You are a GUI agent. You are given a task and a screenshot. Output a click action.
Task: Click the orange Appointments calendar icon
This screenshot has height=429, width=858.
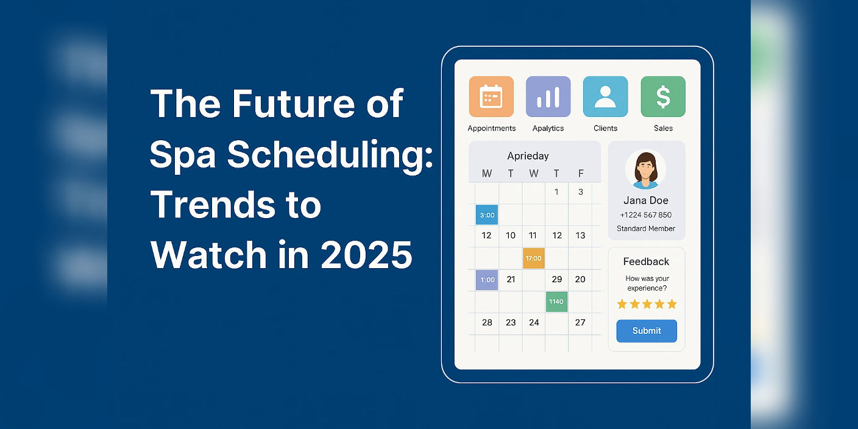[x=491, y=96]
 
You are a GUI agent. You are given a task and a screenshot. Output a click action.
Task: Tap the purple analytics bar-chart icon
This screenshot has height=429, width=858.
[x=548, y=96]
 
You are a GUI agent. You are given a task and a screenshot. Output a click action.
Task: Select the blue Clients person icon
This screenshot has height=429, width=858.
[x=605, y=96]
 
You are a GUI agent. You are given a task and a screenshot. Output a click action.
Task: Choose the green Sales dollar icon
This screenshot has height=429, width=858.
[x=663, y=96]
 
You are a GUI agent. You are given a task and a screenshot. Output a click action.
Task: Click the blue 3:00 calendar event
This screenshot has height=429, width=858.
[x=487, y=215]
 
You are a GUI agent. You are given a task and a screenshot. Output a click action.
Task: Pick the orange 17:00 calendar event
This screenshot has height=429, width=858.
[x=533, y=258]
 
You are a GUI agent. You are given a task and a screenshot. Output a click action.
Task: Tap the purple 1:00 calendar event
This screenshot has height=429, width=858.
[x=487, y=280]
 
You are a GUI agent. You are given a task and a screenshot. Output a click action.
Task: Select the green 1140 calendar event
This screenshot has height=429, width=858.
[x=556, y=302]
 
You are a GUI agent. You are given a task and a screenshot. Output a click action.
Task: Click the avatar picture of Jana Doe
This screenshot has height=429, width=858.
[x=646, y=169]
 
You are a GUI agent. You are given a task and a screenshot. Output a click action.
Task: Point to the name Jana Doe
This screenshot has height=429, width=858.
[x=646, y=200]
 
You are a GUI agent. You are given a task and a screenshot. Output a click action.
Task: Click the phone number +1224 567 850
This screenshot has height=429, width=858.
[x=646, y=215]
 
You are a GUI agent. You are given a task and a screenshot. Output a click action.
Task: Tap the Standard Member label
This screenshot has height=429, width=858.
[x=646, y=229]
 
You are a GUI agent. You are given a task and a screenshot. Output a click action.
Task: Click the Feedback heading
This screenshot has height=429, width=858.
[x=646, y=261]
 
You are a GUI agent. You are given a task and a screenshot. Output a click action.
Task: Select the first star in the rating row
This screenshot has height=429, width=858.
[x=622, y=304]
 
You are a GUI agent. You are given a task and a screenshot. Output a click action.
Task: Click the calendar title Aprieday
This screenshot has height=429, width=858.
[x=528, y=156]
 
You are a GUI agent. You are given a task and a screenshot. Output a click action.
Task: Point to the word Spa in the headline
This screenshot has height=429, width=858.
[x=182, y=155]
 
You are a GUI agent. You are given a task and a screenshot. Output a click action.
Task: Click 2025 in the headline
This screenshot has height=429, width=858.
[x=366, y=255]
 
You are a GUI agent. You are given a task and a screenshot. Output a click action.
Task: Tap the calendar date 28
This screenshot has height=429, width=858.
[x=487, y=322]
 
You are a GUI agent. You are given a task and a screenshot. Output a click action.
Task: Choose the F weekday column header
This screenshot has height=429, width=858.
[x=581, y=174]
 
